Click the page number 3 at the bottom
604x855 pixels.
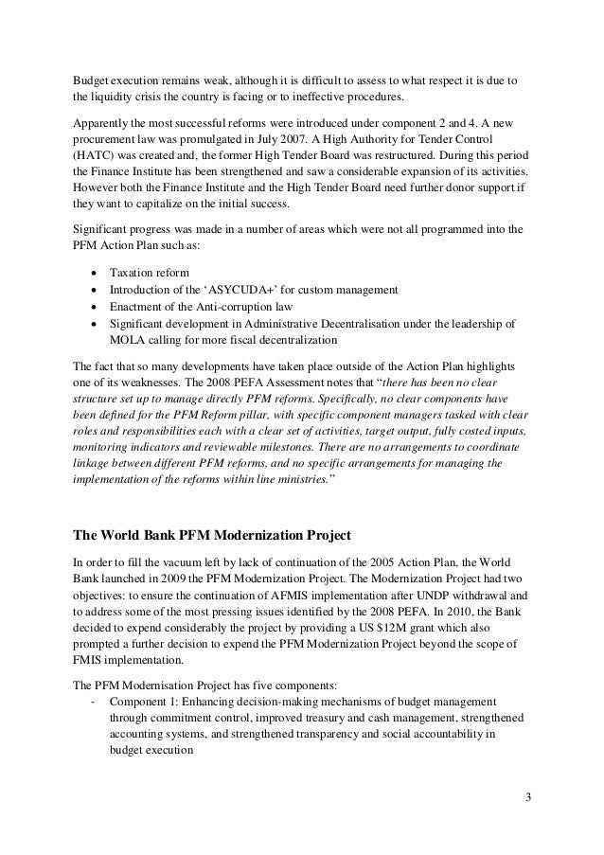[x=529, y=795]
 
